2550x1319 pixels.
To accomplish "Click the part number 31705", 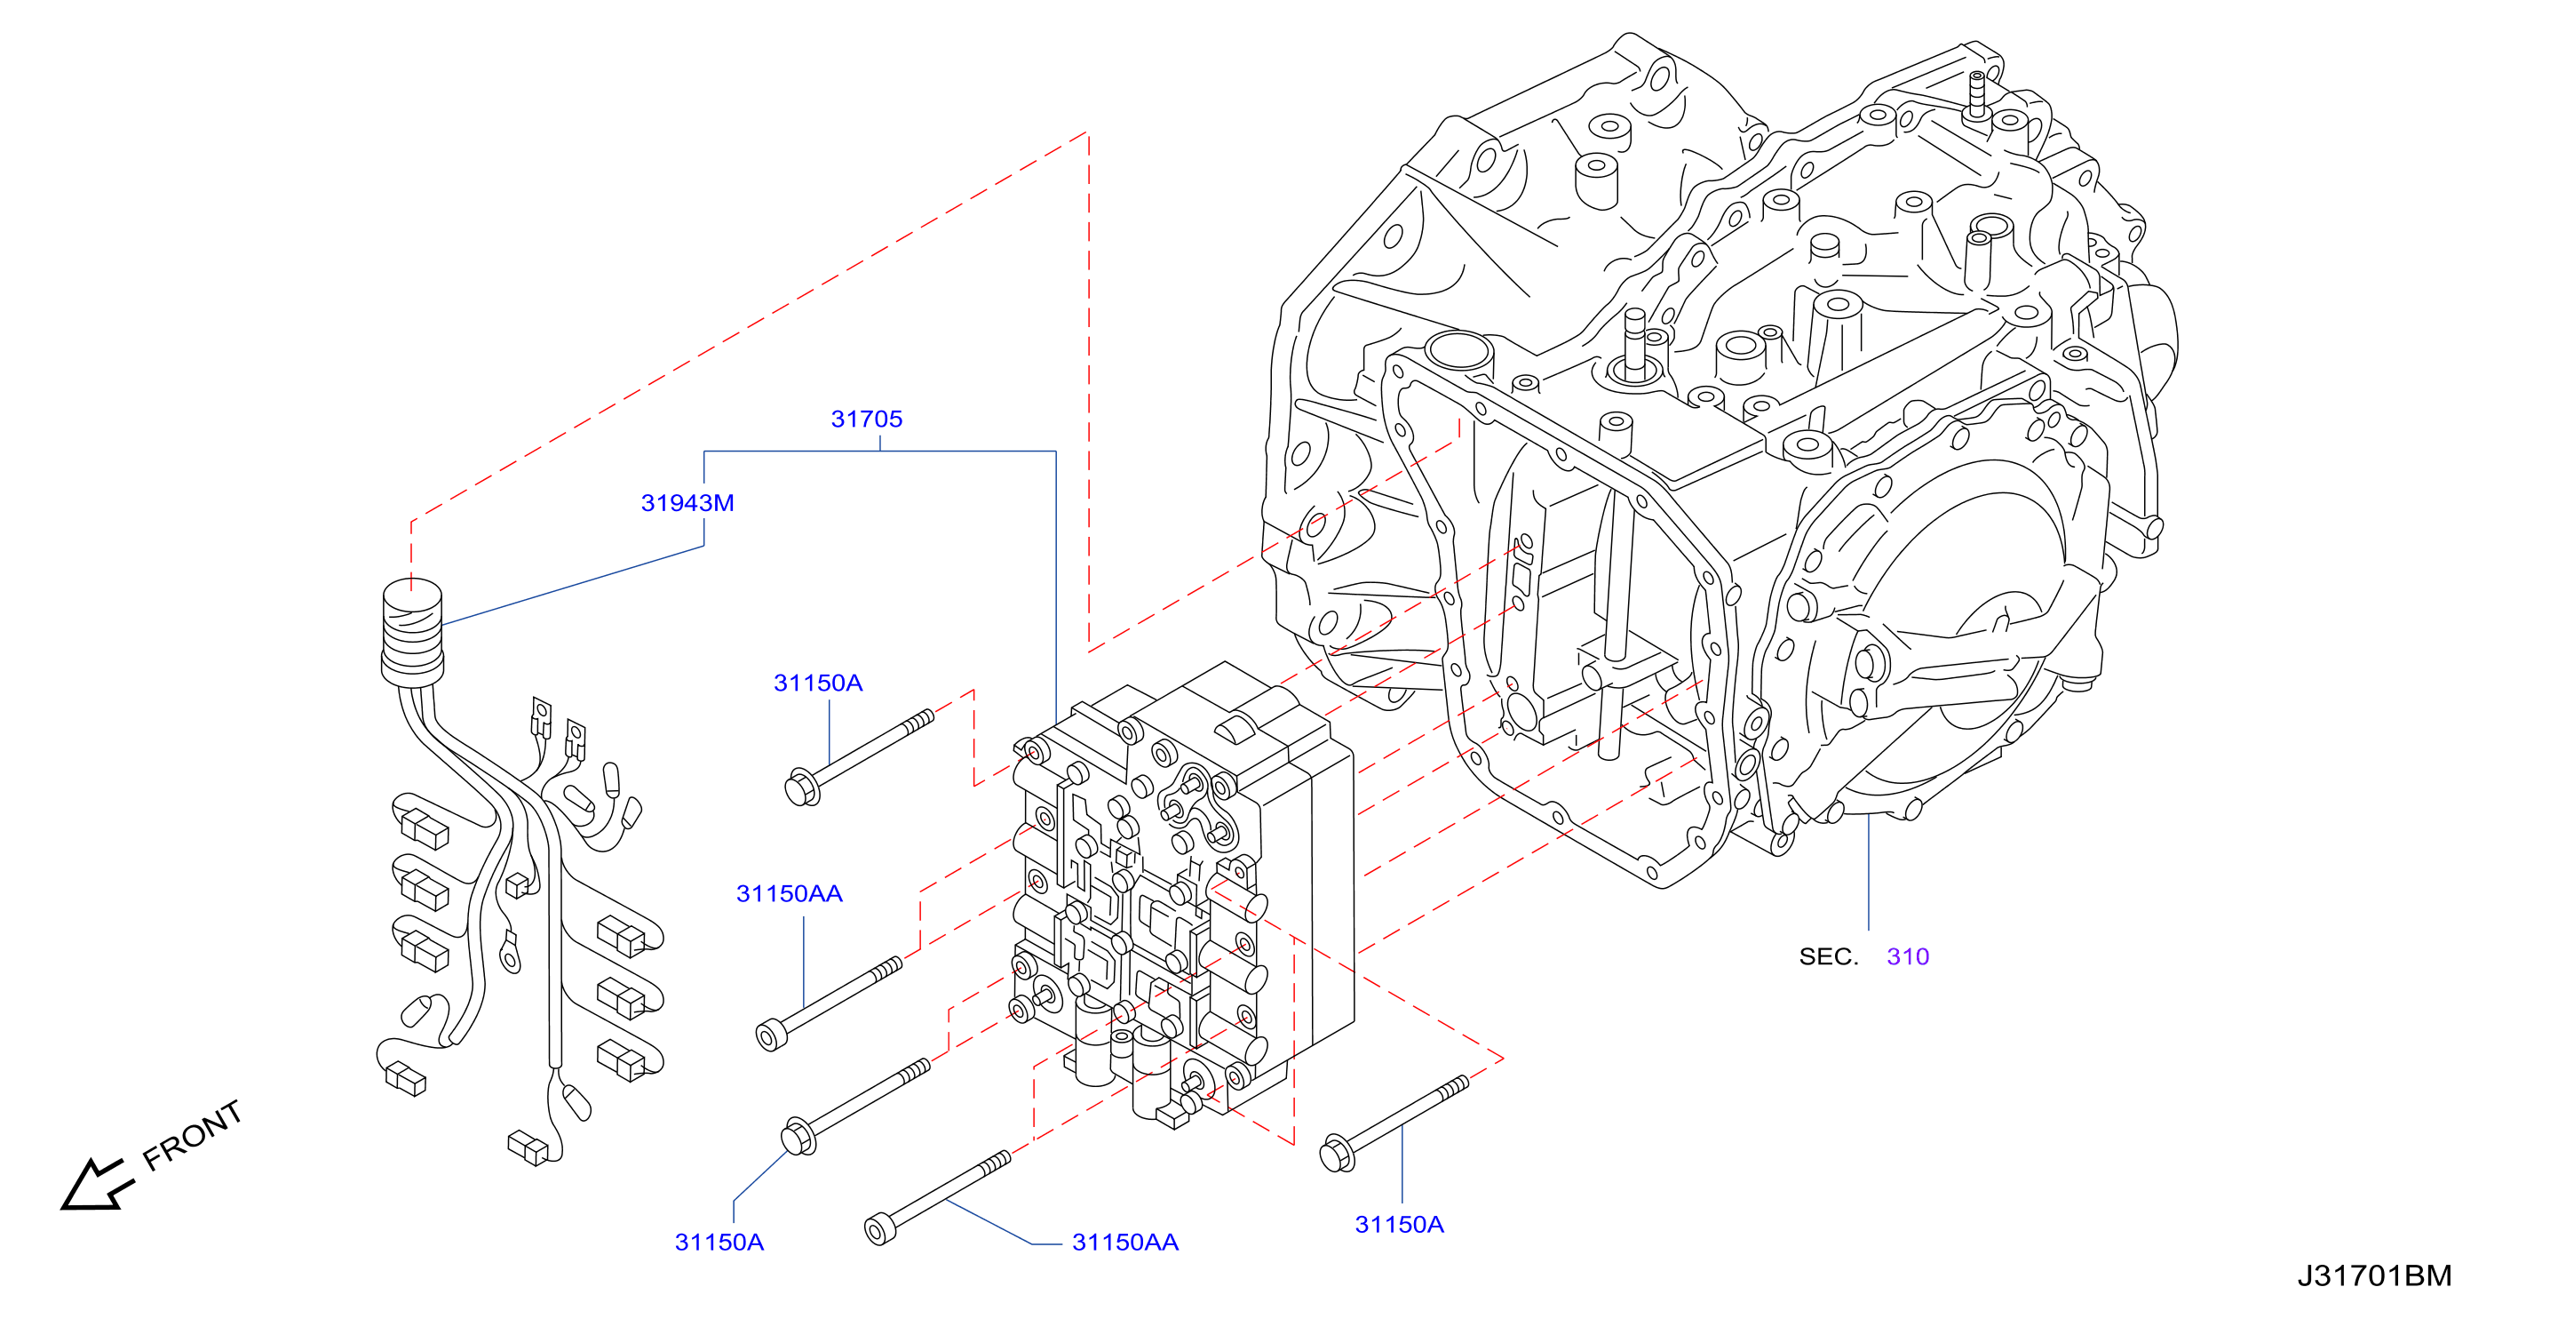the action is click(866, 419).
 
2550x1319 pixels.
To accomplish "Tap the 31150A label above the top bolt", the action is click(818, 683).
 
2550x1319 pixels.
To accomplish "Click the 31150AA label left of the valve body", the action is click(789, 894).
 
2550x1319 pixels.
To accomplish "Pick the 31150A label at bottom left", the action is click(719, 1243).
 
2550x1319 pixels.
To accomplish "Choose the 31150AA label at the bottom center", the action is click(1124, 1243).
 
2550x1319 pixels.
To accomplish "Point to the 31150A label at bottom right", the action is click(1399, 1225).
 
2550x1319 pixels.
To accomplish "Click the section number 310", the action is click(1908, 956).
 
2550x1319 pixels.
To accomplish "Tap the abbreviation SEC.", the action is click(1829, 956).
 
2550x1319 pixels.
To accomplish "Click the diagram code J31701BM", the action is click(2374, 1275).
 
